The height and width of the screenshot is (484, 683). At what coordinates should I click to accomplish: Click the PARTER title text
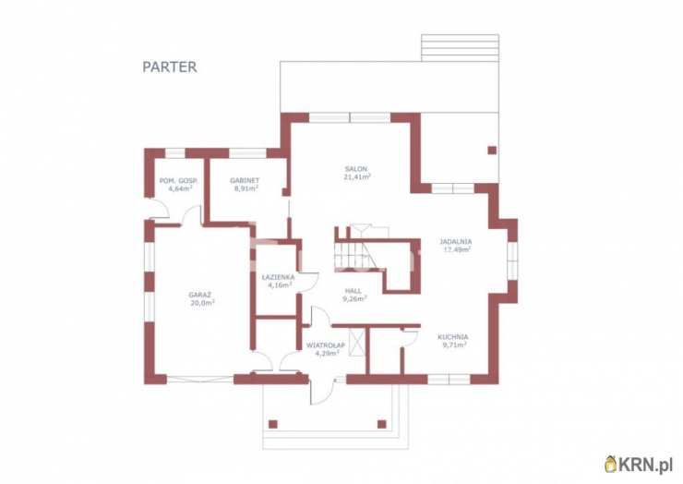pyautogui.click(x=170, y=67)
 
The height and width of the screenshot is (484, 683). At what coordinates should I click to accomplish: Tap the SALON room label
pyautogui.click(x=356, y=169)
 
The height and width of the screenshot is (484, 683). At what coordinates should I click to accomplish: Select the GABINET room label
pyautogui.click(x=245, y=180)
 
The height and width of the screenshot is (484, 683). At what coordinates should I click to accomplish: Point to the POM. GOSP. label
pyautogui.click(x=178, y=180)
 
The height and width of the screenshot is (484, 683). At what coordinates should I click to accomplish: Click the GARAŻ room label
pyautogui.click(x=200, y=296)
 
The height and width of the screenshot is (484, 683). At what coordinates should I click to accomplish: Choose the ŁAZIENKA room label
pyautogui.click(x=279, y=277)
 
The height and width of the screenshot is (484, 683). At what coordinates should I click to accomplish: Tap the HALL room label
pyautogui.click(x=353, y=291)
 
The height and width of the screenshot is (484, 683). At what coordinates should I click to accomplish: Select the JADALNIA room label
pyautogui.click(x=456, y=242)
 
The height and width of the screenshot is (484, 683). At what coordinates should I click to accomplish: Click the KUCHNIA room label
pyautogui.click(x=453, y=337)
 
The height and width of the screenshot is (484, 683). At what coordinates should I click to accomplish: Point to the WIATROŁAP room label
pyautogui.click(x=326, y=345)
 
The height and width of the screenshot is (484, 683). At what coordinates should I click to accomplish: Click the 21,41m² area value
pyautogui.click(x=357, y=176)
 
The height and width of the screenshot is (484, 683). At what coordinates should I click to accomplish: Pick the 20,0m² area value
pyautogui.click(x=202, y=303)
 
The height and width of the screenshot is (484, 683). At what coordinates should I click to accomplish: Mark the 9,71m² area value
pyautogui.click(x=455, y=345)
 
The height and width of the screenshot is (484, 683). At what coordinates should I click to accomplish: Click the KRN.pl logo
pyautogui.click(x=639, y=465)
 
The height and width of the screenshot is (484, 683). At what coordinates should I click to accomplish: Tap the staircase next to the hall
pyautogui.click(x=355, y=256)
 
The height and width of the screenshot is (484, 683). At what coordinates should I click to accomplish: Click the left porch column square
pyautogui.click(x=273, y=424)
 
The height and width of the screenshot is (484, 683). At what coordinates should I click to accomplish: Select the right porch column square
pyautogui.click(x=382, y=424)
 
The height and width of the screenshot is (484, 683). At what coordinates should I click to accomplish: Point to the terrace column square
pyautogui.click(x=492, y=151)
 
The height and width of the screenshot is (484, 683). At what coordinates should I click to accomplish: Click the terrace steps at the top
pyautogui.click(x=460, y=47)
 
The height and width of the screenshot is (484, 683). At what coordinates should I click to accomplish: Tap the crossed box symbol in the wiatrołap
pyautogui.click(x=356, y=344)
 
